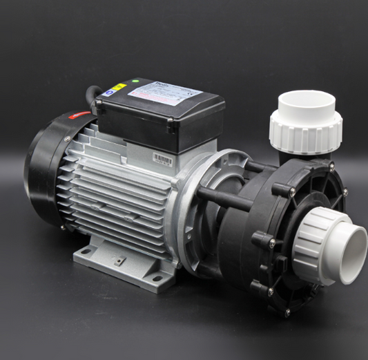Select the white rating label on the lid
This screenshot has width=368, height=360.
[x=164, y=93]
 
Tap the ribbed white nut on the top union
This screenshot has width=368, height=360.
[x=305, y=127]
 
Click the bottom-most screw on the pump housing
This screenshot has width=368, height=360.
[x=287, y=312]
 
